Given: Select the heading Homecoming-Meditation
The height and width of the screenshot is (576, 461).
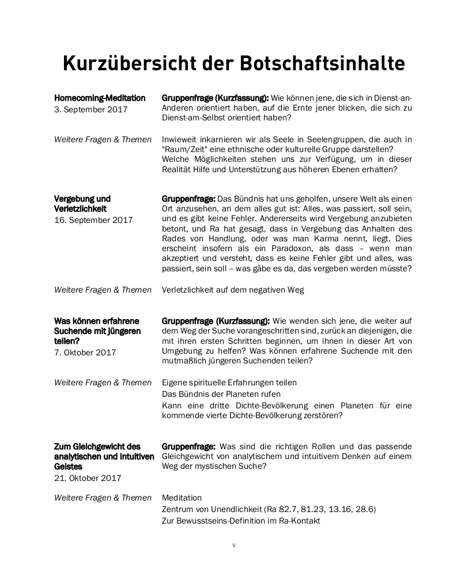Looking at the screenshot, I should [x=100, y=98].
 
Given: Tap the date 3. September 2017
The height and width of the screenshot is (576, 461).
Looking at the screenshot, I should [x=90, y=109].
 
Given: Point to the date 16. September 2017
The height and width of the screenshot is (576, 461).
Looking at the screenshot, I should [x=93, y=220].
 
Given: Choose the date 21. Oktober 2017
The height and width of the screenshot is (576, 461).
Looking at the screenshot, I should [x=88, y=478].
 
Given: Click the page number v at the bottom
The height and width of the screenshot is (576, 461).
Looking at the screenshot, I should [x=233, y=545].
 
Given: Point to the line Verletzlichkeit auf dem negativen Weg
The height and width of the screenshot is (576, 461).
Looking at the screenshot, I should [x=233, y=290].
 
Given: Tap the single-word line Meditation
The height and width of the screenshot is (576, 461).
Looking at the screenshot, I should [x=182, y=498].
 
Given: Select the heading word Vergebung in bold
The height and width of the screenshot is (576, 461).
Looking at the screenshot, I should [x=75, y=199].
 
